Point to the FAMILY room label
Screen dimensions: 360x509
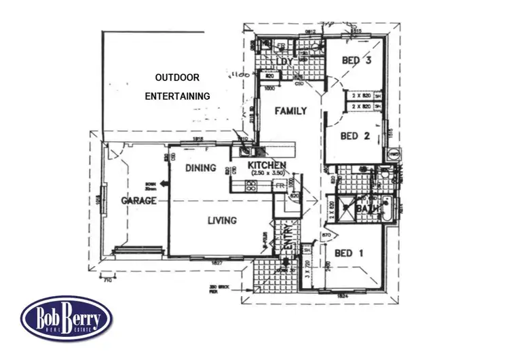coord(290,111)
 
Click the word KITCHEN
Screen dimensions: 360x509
coord(267,165)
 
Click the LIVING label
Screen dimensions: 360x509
coord(221,220)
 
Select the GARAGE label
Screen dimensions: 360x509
coord(139,201)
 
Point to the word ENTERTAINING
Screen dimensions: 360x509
coord(177,96)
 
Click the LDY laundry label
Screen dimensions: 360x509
coord(283,63)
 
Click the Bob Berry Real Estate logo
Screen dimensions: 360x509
coord(66,317)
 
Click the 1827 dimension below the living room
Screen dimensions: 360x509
coord(218,262)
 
